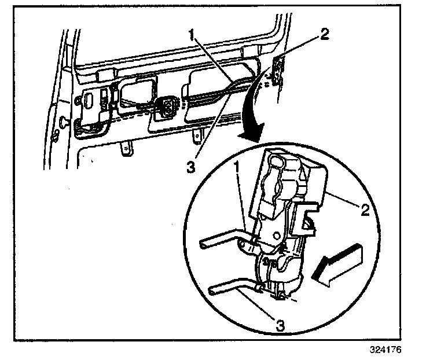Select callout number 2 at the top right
pos(325,33)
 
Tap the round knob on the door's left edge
pos(61,122)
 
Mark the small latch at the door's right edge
pos(280,69)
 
